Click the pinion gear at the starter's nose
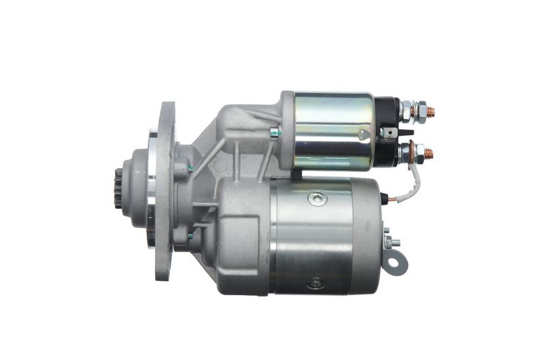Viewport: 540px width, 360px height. [119, 189]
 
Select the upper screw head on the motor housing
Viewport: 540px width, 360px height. [317, 199]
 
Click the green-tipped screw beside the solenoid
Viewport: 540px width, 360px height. [274, 132]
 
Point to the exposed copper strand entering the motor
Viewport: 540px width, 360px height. [385, 198]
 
